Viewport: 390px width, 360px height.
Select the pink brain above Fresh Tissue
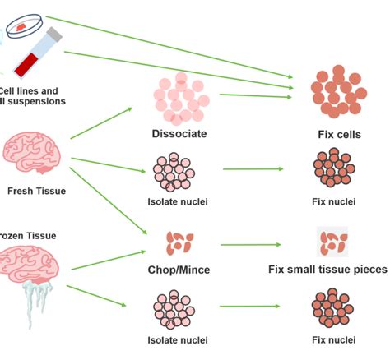[31, 150]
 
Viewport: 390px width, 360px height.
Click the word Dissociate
[179, 133]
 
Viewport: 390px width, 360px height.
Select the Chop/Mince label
[179, 270]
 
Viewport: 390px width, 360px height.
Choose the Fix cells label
[338, 134]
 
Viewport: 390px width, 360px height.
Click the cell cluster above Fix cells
[337, 93]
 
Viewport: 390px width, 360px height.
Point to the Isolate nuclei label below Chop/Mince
[178, 339]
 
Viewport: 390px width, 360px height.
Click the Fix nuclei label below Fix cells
[334, 201]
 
